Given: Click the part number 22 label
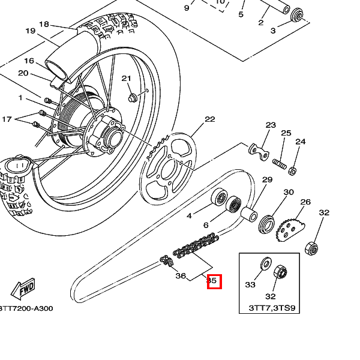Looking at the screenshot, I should pyautogui.click(x=209, y=119).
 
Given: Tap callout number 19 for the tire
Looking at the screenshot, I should pyautogui.click(x=31, y=31).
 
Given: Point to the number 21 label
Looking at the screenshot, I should pyautogui.click(x=126, y=79).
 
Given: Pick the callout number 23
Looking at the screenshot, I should pyautogui.click(x=271, y=125).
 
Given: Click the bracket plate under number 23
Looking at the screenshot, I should pyautogui.click(x=259, y=151).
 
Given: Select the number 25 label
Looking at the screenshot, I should pyautogui.click(x=286, y=133).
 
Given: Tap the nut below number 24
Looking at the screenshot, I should pyautogui.click(x=292, y=171).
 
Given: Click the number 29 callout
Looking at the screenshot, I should pyautogui.click(x=267, y=180).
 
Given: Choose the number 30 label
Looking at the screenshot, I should pyautogui.click(x=289, y=192).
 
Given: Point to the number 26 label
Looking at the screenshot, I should pyautogui.click(x=305, y=202).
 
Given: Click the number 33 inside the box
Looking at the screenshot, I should pyautogui.click(x=250, y=285).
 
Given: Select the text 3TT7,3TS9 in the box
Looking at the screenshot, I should pyautogui.click(x=272, y=308).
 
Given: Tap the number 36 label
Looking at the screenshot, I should pyautogui.click(x=181, y=276).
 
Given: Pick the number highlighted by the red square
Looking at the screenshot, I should pyautogui.click(x=214, y=281).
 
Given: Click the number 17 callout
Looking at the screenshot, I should pyautogui.click(x=7, y=119).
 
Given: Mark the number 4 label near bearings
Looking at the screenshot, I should pyautogui.click(x=189, y=215).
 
